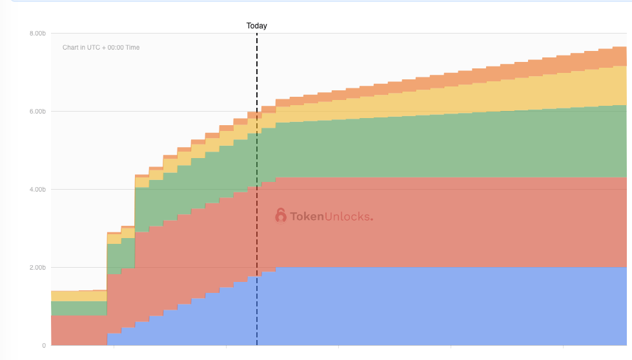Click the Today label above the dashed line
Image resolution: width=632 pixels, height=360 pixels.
tap(256, 26)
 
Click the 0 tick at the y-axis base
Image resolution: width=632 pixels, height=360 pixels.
tap(44, 346)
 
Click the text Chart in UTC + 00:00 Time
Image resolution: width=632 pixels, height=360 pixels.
tap(101, 48)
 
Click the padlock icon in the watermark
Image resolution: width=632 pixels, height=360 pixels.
tap(281, 215)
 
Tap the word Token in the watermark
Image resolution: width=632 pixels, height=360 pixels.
tap(307, 217)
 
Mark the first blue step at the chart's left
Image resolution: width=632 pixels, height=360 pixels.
tap(114, 339)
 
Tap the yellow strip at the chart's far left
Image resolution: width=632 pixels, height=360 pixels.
tap(77, 296)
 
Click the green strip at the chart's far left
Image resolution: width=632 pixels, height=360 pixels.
tap(77, 308)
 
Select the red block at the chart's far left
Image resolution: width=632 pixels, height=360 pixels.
tap(77, 330)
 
